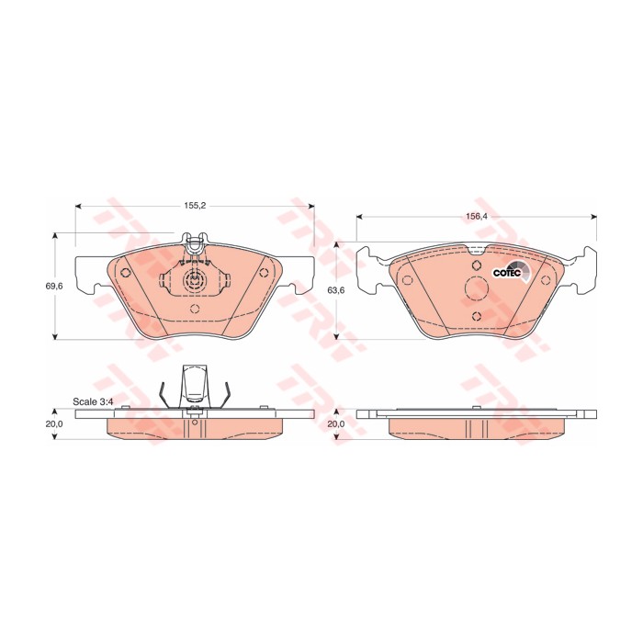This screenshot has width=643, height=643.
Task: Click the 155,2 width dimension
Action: click(195, 206)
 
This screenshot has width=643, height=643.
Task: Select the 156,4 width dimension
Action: click(476, 217)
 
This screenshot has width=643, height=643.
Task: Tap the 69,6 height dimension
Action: click(53, 287)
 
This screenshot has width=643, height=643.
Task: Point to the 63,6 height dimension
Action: click(336, 290)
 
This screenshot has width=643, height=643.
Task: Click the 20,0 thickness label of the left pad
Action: click(53, 424)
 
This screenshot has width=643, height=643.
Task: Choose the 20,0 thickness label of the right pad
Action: click(336, 424)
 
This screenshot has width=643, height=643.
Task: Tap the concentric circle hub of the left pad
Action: click(195, 281)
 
